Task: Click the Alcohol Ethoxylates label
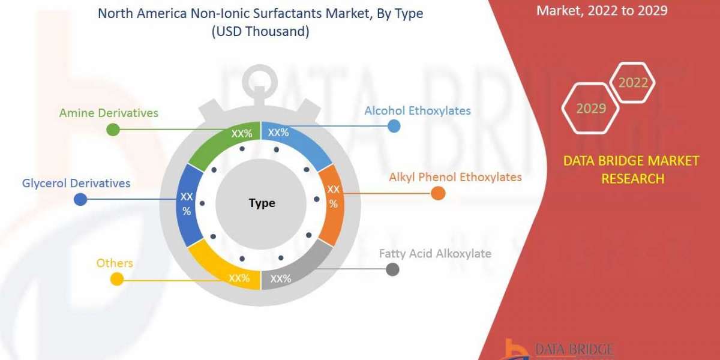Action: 418,111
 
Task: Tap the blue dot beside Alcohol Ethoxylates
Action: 394,125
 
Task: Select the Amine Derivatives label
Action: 109,113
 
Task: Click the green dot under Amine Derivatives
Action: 113,129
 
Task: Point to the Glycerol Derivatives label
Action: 76,184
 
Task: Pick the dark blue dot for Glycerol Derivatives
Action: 80,200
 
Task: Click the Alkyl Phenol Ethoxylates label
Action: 455,178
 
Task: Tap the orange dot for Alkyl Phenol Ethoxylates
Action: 438,193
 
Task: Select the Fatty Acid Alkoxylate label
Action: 435,254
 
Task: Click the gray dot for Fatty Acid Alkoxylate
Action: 392,269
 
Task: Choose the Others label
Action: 115,263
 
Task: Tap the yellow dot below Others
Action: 117,279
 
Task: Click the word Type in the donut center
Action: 262,203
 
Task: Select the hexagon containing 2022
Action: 632,83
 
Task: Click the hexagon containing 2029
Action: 590,109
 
